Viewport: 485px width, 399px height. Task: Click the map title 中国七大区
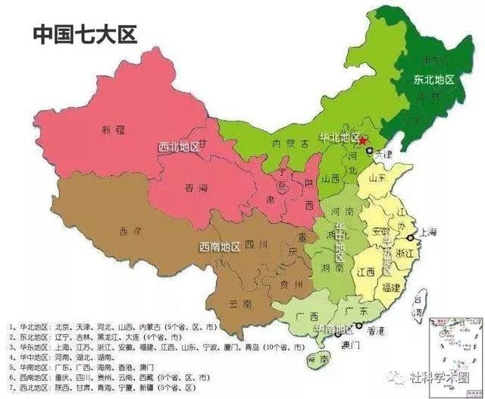(84, 35)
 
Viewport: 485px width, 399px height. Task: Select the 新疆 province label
(111, 130)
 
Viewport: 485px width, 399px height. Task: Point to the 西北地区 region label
(178, 146)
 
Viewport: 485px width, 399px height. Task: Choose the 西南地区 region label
(220, 247)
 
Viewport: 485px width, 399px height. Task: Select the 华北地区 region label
(339, 139)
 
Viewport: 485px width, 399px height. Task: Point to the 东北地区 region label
(433, 79)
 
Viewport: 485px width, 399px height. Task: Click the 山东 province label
(379, 179)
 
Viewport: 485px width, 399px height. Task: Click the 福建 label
(392, 287)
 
